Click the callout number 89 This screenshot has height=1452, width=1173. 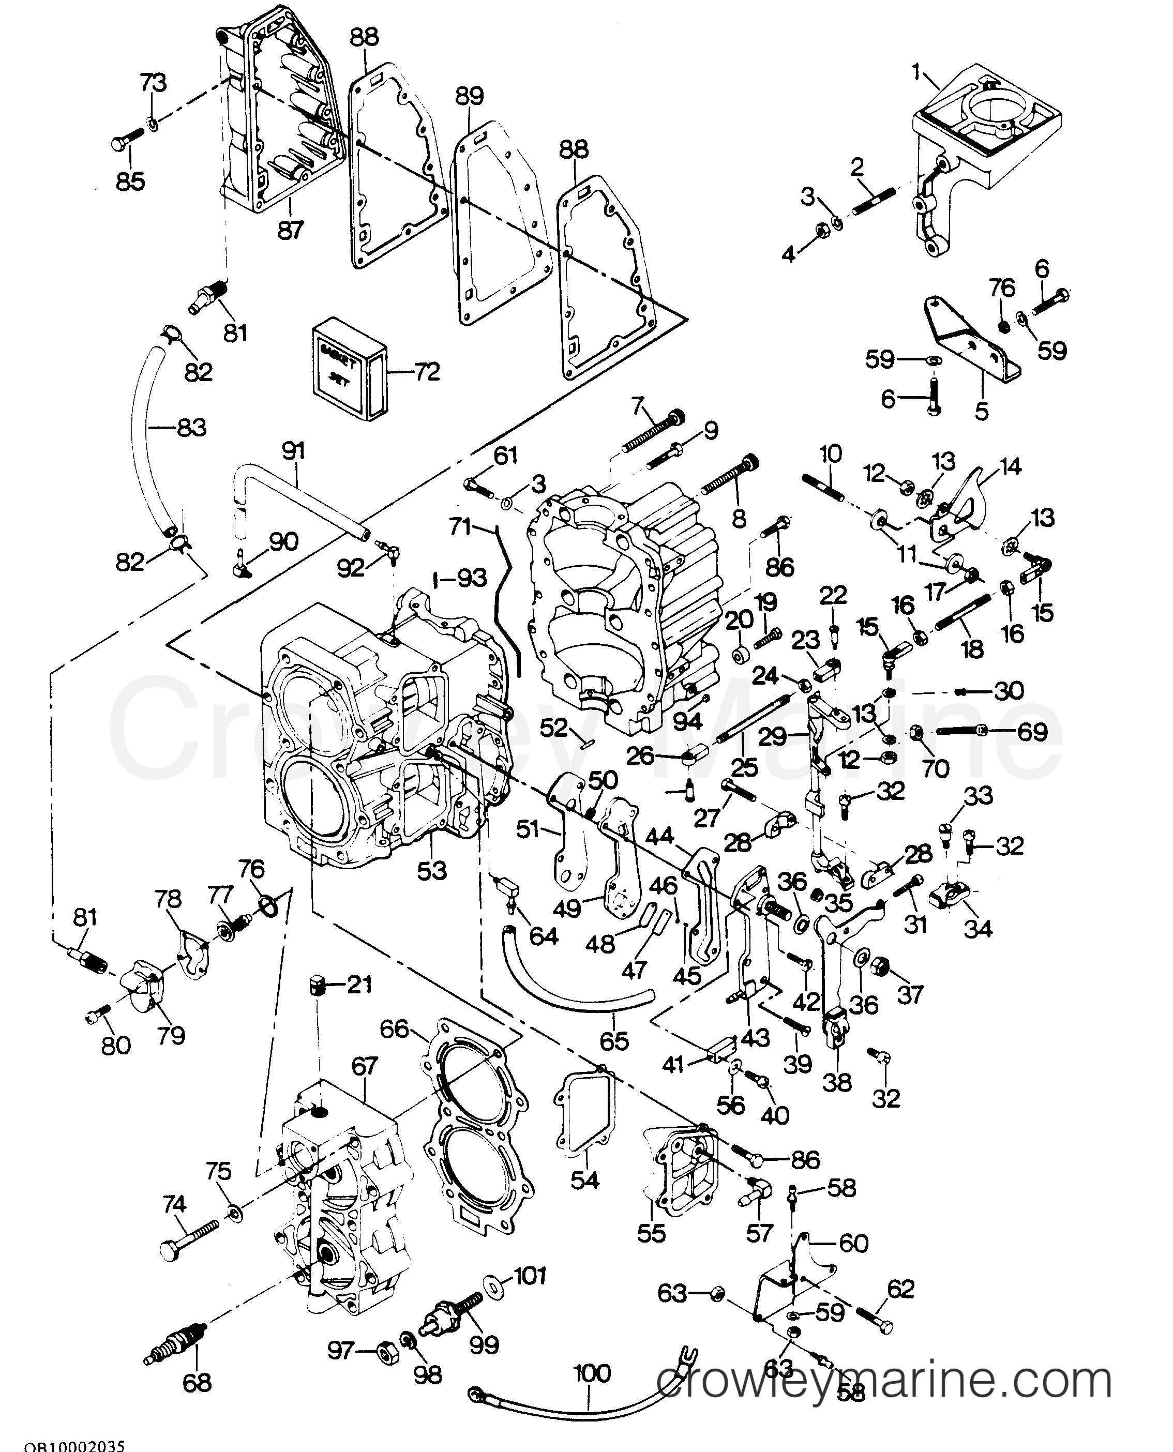click(470, 97)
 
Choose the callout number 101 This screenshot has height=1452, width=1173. click(531, 1276)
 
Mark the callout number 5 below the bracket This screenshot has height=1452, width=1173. click(981, 410)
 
